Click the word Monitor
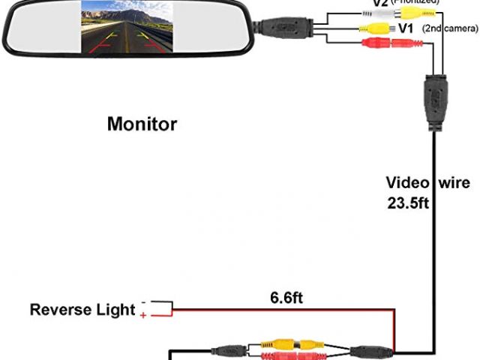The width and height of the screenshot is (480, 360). point(142,124)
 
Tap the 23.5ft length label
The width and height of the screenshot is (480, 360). point(407,202)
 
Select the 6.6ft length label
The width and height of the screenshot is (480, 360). point(286,298)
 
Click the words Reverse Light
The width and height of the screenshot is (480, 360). point(82,310)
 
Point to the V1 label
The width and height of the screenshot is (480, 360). point(406,28)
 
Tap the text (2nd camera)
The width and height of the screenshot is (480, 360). point(451,28)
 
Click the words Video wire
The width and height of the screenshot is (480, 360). point(428,182)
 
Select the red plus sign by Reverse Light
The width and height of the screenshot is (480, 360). point(143,316)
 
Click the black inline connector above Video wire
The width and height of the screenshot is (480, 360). point(434,97)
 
